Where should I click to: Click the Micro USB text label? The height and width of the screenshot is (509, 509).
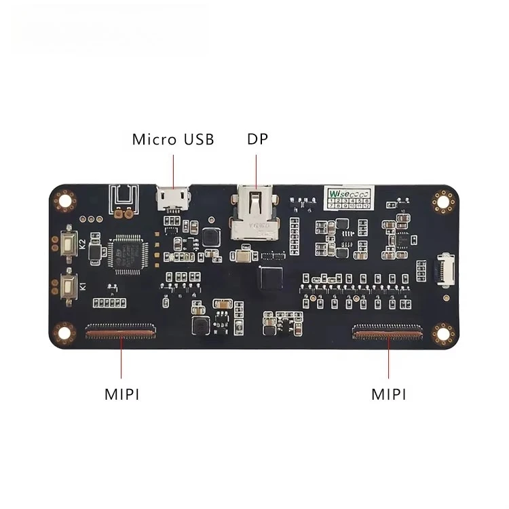[173, 140]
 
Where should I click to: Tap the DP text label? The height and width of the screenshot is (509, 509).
[257, 139]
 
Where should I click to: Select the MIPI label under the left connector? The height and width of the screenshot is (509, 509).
[122, 394]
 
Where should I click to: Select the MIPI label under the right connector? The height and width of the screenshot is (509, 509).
[389, 394]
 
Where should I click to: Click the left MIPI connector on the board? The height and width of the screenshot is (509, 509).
[120, 331]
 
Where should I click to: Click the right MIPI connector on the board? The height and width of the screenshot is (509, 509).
[387, 331]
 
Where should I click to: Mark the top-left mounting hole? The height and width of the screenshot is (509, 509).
[66, 200]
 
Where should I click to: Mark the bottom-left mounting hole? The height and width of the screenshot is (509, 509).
[65, 332]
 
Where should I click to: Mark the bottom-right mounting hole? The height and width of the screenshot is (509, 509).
[445, 332]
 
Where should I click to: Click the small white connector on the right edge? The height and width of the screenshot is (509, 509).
[442, 269]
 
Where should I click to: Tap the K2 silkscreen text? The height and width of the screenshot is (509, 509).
[83, 243]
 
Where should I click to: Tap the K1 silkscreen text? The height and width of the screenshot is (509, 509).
[83, 286]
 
